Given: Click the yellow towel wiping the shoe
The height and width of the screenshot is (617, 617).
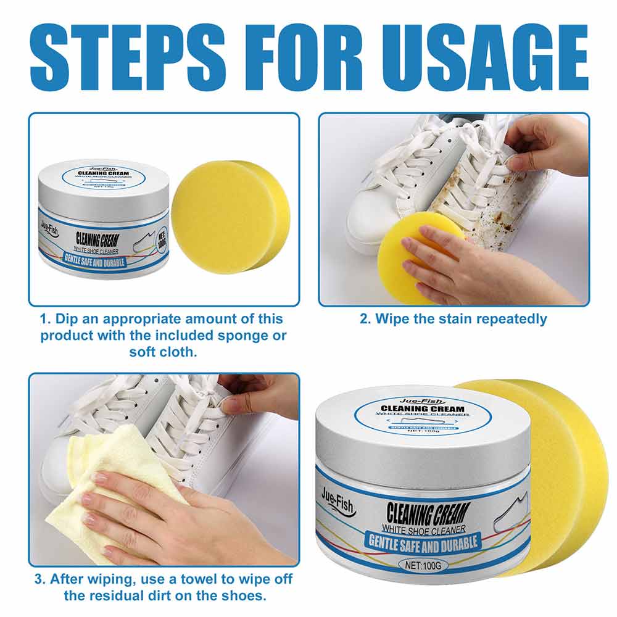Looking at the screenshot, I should point(105,481).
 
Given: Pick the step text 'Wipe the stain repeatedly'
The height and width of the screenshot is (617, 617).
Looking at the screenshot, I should point(453,319).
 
